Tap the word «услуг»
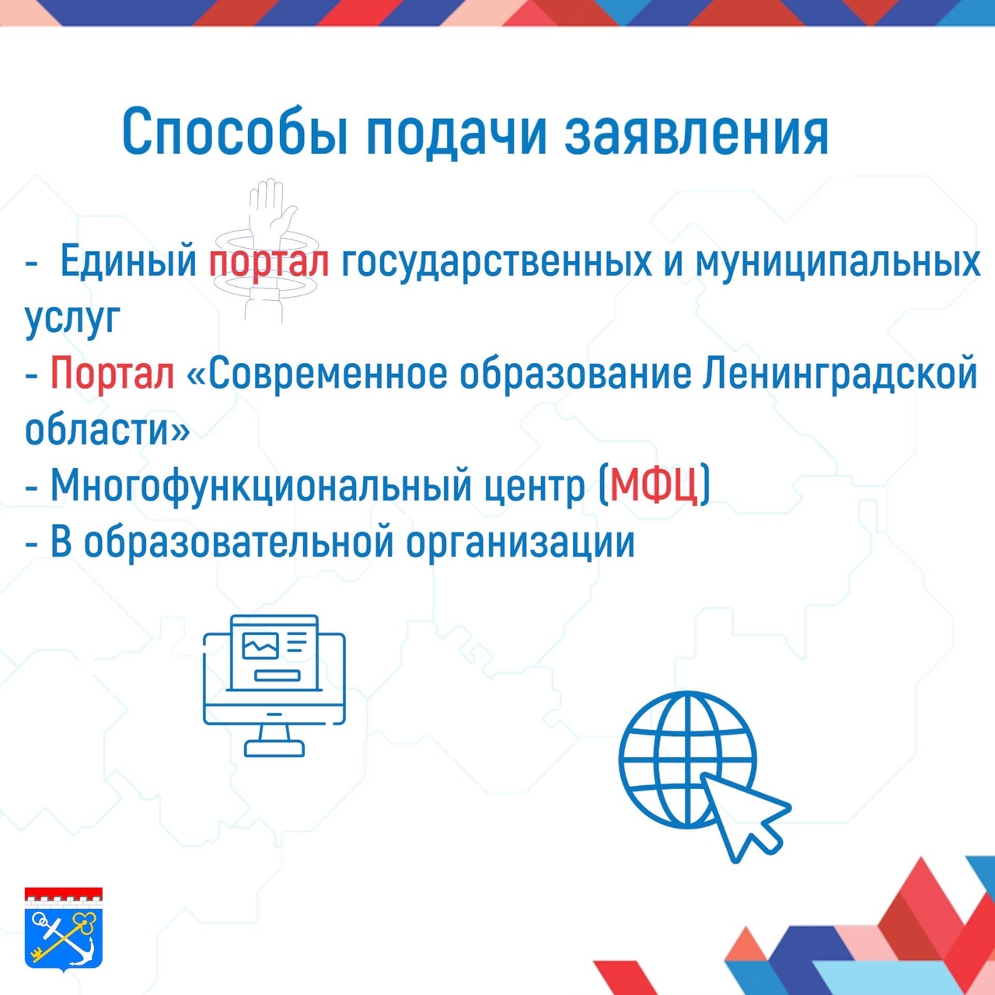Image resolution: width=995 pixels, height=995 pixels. (72, 319)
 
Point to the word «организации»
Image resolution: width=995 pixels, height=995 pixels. (520, 543)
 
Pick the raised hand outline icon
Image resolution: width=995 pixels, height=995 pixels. (267, 250)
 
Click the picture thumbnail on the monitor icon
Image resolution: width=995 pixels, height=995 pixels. (260, 645)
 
